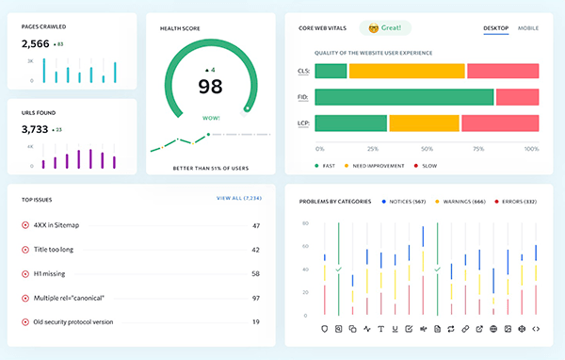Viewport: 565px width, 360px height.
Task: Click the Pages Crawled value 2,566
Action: (35, 43)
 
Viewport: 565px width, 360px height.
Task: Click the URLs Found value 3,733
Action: (35, 129)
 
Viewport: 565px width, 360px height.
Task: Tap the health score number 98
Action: (210, 87)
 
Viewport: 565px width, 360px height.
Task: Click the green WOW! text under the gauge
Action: (211, 119)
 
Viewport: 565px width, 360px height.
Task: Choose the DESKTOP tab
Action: (495, 28)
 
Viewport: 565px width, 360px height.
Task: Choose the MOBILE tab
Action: (528, 28)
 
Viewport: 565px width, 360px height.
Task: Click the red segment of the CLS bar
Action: (502, 71)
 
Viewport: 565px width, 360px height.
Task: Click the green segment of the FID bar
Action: (404, 97)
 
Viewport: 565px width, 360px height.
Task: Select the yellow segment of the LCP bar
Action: (424, 123)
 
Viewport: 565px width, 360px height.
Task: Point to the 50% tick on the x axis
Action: (427, 149)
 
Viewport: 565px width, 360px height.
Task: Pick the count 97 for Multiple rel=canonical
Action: (255, 298)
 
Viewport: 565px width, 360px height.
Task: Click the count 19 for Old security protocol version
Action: (255, 321)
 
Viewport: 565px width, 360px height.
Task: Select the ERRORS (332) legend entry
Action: (517, 201)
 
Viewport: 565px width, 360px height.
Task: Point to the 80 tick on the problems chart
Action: (304, 223)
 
